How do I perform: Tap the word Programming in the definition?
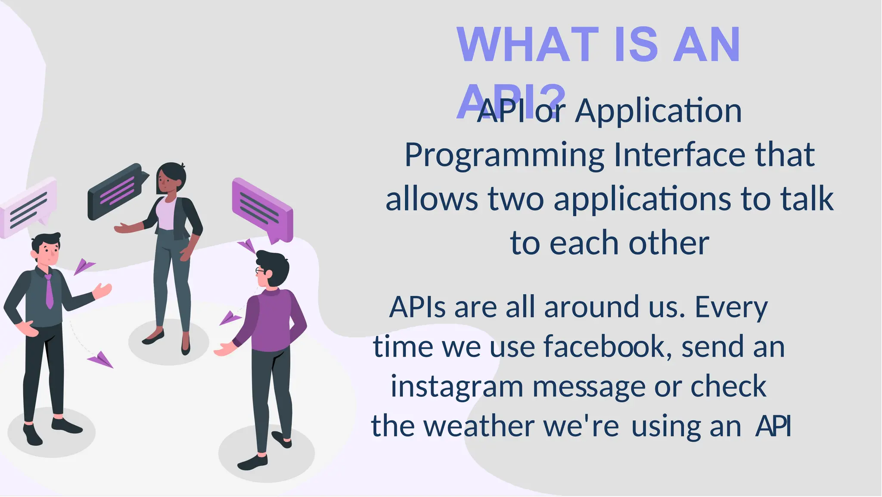(504, 155)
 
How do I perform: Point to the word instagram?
(457, 387)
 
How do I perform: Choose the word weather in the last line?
(479, 426)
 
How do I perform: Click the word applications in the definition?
(642, 199)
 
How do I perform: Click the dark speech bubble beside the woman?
(115, 191)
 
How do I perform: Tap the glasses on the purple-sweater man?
(260, 271)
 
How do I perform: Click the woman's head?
(171, 178)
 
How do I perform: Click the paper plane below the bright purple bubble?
(247, 247)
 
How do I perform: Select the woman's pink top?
(167, 215)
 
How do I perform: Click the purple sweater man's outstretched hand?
(223, 349)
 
